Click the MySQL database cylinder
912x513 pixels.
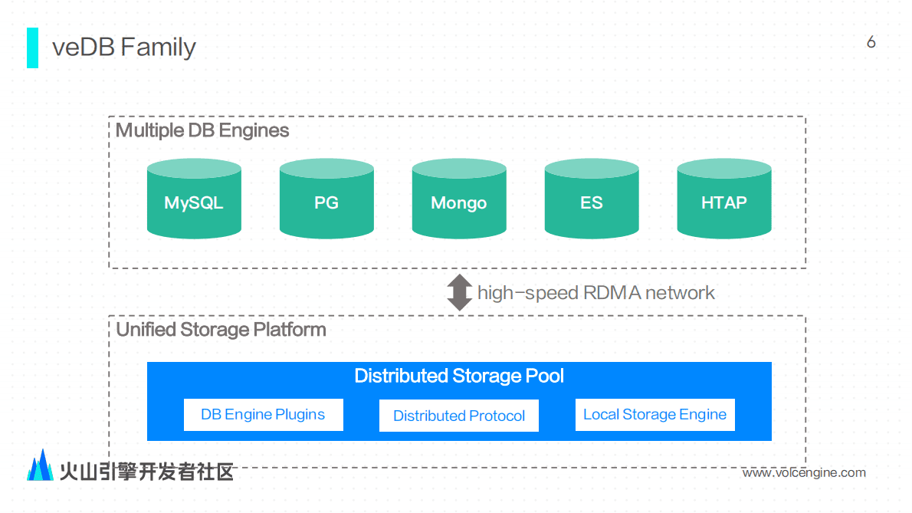(x=194, y=201)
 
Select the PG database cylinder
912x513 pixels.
(x=326, y=201)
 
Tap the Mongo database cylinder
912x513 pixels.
(x=459, y=201)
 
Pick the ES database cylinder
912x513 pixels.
(x=592, y=201)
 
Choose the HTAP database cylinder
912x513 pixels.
(x=724, y=201)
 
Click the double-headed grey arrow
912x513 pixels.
(x=459, y=292)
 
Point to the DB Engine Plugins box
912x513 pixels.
(x=263, y=415)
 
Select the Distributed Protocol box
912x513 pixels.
(x=459, y=416)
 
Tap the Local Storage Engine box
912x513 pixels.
(x=654, y=415)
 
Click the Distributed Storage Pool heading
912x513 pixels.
(x=459, y=376)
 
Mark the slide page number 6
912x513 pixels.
(x=871, y=42)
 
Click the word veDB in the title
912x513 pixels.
(x=83, y=48)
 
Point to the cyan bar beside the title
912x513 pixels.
(x=32, y=48)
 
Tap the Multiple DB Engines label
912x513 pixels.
(x=202, y=130)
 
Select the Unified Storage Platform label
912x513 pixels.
(x=221, y=330)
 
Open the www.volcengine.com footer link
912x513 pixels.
(x=804, y=472)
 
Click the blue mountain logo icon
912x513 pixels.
(x=41, y=465)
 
